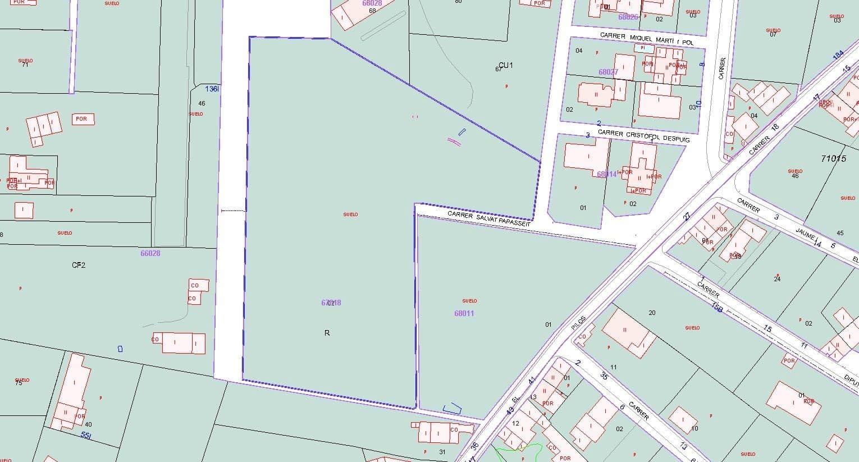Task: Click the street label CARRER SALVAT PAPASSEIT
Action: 488,219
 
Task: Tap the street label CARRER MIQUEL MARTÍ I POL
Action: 646,39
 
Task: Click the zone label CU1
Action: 505,66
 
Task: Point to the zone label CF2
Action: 78,265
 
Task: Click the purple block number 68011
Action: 464,313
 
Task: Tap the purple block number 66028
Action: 150,253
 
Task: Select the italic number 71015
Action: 833,159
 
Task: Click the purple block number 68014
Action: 606,174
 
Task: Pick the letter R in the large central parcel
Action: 327,333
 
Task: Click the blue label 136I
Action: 212,89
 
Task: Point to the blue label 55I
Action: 86,435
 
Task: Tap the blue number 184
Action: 838,55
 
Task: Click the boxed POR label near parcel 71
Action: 82,119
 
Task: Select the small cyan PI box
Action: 643,48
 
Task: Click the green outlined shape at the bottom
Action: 519,450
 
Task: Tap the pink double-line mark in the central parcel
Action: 454,141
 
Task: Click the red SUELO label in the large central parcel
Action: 350,214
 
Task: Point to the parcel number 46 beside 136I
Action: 202,103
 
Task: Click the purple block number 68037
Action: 608,72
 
